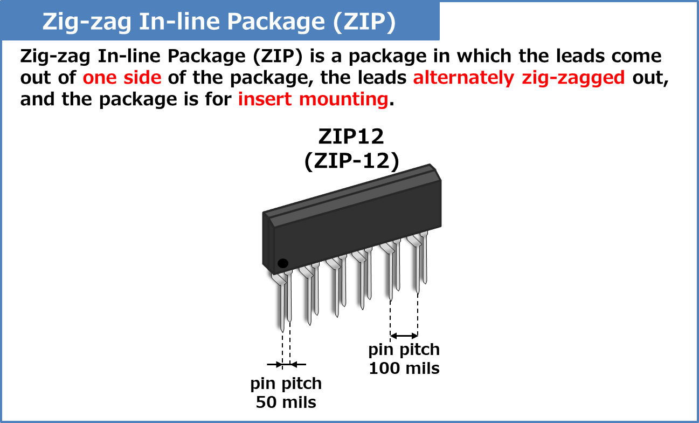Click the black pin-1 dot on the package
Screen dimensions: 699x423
click(283, 263)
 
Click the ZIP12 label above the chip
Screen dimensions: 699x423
click(351, 137)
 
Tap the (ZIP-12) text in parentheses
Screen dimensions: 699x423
click(352, 161)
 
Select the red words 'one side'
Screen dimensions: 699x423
click(122, 78)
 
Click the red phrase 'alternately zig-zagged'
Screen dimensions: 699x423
click(519, 78)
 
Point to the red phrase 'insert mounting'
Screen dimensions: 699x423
click(313, 99)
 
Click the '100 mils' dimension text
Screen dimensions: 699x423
click(404, 369)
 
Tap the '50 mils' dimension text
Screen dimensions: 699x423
click(286, 402)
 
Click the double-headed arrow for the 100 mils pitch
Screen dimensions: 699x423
click(404, 336)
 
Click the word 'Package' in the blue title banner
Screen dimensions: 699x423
click(275, 22)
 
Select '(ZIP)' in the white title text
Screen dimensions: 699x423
click(364, 23)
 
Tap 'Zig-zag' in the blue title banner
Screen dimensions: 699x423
click(87, 22)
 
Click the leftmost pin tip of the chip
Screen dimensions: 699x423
click(282, 331)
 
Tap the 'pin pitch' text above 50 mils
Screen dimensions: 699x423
click(286, 384)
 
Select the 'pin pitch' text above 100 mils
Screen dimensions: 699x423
click(404, 350)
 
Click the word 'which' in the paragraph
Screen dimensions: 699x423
click(484, 56)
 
